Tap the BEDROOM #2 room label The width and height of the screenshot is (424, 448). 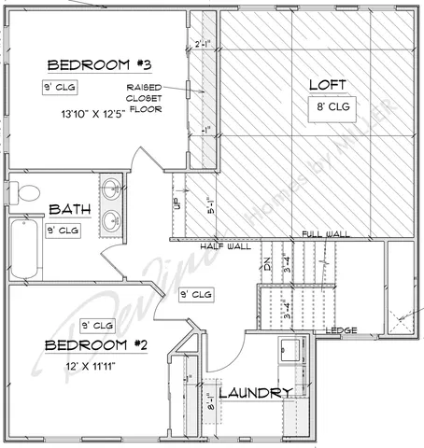(x=96, y=345)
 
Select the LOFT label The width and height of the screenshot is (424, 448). (x=328, y=85)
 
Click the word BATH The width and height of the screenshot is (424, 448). (x=68, y=209)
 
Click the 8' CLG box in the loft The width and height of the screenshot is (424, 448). (x=332, y=107)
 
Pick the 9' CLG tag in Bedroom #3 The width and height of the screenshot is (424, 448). (x=60, y=87)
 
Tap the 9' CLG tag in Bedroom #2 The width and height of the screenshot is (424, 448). (x=97, y=326)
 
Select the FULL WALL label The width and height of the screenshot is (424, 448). (x=325, y=234)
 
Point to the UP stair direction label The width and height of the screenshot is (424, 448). (x=175, y=203)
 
